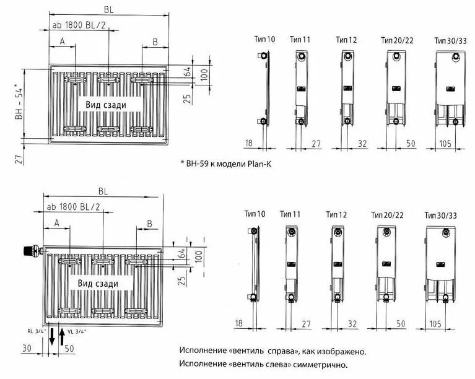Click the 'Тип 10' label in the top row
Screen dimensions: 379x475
pyautogui.click(x=264, y=39)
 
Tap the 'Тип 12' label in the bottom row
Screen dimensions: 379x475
pyautogui.click(x=336, y=214)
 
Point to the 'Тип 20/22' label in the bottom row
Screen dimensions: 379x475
pyautogui.click(x=388, y=215)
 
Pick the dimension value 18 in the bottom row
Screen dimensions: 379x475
pyautogui.click(x=240, y=323)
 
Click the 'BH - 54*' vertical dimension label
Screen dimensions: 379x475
pyautogui.click(x=19, y=103)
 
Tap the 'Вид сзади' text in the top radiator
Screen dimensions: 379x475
pyautogui.click(x=106, y=105)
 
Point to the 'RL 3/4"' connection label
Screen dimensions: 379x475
pyautogui.click(x=37, y=331)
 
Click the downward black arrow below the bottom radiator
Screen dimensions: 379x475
pyautogui.click(x=52, y=338)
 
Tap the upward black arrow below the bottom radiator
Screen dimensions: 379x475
pyautogui.click(x=62, y=338)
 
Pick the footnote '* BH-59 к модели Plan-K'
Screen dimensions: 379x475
pyautogui.click(x=226, y=163)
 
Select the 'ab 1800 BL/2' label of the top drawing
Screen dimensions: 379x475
pyautogui.click(x=77, y=25)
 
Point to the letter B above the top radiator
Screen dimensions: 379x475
pyautogui.click(x=155, y=41)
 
